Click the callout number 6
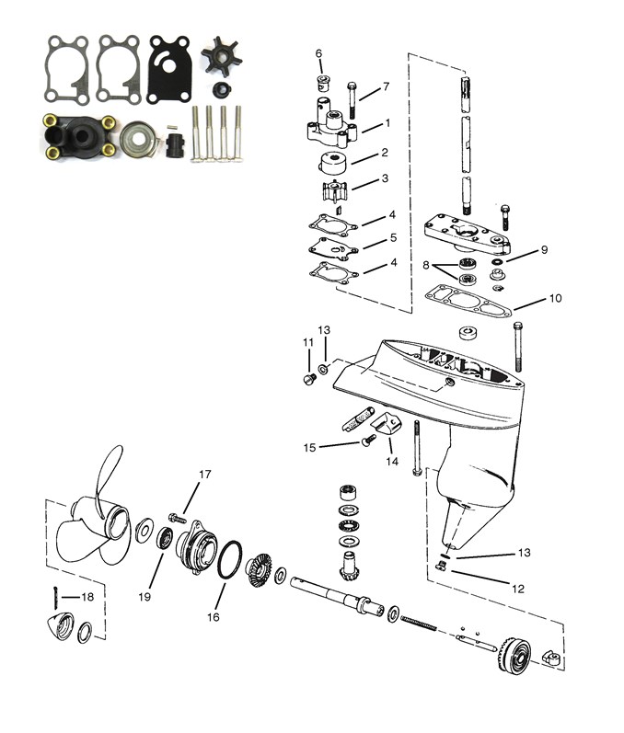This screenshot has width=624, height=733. coord(318,53)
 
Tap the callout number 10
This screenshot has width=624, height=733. coord(555,298)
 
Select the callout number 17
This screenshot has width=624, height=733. coord(205,475)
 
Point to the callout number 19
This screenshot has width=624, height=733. coord(144,597)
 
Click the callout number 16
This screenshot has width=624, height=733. coord(214,617)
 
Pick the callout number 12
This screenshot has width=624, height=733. coord(518,589)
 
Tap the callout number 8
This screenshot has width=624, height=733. coord(426,266)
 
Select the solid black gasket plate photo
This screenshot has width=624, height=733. coord(169,70)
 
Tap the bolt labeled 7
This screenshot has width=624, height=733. coord(352,100)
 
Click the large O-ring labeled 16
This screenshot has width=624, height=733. coord(230,560)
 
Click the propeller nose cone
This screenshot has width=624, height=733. coord(61,625)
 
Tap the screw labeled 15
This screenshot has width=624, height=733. coord(370,440)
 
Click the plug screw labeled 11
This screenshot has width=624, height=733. coord(309,379)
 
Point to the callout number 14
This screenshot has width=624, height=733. coord(392,462)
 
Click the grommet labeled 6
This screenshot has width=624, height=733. coord(323,82)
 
